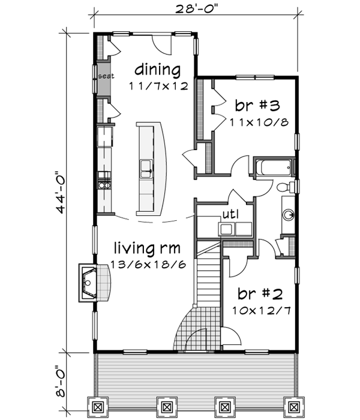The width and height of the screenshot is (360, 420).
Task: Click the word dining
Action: point(157,69)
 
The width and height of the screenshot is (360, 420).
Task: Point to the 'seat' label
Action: point(106,76)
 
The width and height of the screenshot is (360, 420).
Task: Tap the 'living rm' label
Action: point(148,247)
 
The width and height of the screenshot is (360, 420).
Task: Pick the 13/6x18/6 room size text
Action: point(148,264)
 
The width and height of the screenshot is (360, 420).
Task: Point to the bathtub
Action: point(273,167)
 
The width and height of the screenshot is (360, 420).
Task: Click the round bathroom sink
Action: point(288,214)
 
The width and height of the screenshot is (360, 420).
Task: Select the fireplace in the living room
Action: point(92,282)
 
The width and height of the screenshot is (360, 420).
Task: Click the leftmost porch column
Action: point(97,407)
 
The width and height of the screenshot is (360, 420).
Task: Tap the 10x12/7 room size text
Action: point(259,311)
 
